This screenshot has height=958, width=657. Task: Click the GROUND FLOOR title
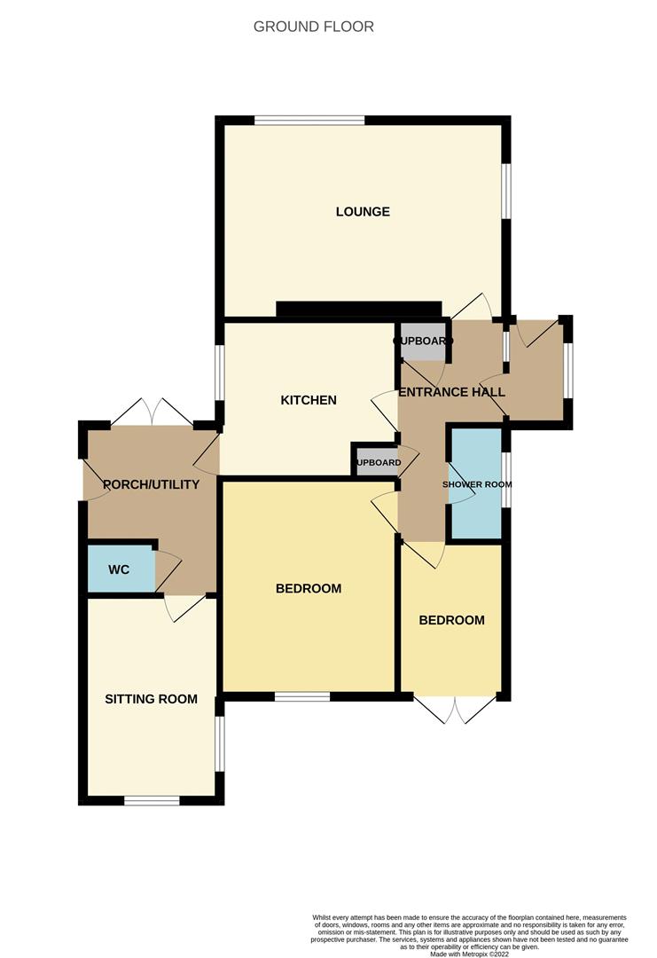tap(313, 27)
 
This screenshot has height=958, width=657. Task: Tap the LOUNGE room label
tap(363, 212)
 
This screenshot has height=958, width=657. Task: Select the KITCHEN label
tap(309, 400)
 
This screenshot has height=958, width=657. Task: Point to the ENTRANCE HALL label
tap(452, 392)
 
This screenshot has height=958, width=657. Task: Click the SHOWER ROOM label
tap(477, 484)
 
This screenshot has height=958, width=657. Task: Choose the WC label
tap(119, 569)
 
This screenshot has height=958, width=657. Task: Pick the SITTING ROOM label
tap(151, 699)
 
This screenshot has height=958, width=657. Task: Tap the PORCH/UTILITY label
tap(151, 484)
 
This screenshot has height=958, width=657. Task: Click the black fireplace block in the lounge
tap(358, 309)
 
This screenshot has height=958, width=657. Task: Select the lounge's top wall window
tap(309, 120)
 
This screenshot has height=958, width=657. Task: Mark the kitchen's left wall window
tap(219, 373)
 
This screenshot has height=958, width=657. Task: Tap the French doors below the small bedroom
tap(455, 710)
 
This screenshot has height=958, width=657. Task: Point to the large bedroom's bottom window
tap(302, 697)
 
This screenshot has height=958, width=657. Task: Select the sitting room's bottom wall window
tap(152, 801)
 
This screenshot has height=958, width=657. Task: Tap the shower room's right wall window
tap(506, 480)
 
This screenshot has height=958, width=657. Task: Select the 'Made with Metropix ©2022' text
tap(470, 954)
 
